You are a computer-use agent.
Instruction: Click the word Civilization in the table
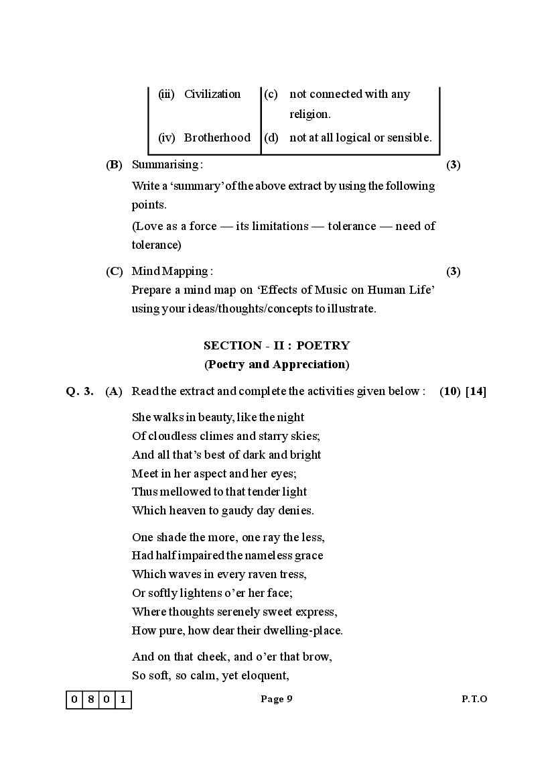[212, 94]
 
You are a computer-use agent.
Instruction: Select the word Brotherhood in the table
[217, 137]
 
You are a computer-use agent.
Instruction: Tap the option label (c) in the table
[271, 94]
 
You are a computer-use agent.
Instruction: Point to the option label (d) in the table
[271, 137]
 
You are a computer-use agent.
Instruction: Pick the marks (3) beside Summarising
[454, 164]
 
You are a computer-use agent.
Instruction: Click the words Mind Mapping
[171, 272]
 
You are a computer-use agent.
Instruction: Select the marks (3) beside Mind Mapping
[454, 272]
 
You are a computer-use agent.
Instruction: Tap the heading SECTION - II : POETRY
[277, 345]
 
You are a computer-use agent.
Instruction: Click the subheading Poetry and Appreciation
[277, 364]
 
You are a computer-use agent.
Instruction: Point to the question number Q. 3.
[80, 391]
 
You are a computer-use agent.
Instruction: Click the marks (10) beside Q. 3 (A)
[449, 391]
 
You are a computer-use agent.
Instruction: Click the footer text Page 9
[277, 699]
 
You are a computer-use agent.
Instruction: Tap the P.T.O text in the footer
[474, 699]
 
